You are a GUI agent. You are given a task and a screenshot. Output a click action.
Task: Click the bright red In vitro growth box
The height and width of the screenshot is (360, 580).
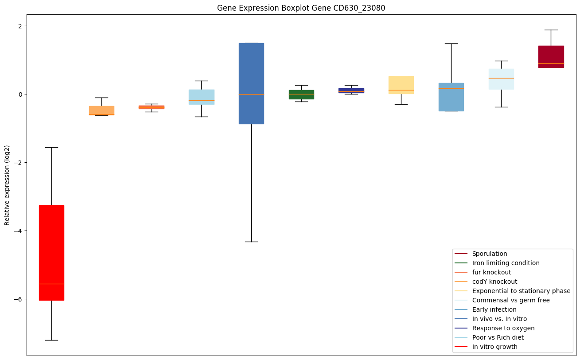tap(51, 253)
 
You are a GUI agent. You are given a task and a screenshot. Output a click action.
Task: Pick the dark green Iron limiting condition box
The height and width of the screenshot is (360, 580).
tap(301, 94)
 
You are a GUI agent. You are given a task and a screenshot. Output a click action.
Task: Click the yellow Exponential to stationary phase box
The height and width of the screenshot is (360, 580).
tap(401, 85)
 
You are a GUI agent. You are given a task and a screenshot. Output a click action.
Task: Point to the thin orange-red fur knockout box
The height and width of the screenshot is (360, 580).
tap(152, 107)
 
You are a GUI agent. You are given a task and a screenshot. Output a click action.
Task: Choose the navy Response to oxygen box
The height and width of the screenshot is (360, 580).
tap(351, 90)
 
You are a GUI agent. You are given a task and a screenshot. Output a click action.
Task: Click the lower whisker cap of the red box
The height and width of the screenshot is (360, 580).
tap(51, 340)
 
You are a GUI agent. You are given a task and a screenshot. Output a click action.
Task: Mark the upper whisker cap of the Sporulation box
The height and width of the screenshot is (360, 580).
tap(551, 30)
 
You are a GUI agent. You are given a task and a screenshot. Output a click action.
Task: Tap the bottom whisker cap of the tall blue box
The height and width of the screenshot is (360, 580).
tap(251, 242)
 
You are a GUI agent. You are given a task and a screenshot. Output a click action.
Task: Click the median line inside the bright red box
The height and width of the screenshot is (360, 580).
tap(51, 284)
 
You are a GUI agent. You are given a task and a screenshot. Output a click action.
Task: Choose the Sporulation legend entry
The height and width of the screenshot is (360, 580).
tap(490, 254)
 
